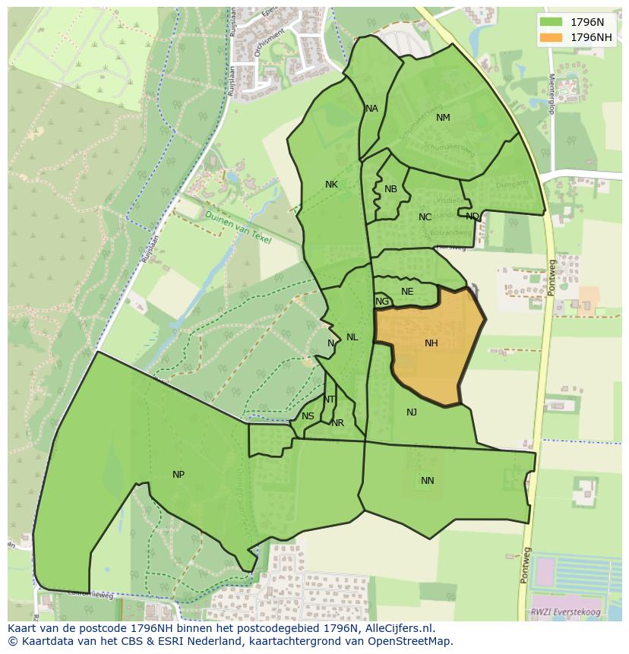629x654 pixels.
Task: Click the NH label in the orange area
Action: tap(431, 343)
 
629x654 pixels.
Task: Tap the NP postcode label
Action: tap(179, 475)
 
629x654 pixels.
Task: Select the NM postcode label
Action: tap(443, 118)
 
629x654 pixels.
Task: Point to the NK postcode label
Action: tap(331, 185)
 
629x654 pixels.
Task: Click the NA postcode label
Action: tap(371, 109)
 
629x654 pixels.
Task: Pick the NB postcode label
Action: tap(390, 189)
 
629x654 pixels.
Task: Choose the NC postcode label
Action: tap(425, 217)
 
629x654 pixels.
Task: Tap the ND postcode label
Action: tap(473, 216)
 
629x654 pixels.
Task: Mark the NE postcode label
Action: tap(407, 292)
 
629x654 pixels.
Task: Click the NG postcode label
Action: tap(382, 302)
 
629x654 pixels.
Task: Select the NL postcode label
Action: tap(352, 337)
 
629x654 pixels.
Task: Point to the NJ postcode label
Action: tap(412, 412)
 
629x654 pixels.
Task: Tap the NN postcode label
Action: tap(428, 481)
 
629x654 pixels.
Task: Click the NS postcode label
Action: tap(308, 416)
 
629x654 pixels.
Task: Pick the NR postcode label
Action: tap(338, 423)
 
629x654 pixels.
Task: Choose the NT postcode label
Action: tap(329, 400)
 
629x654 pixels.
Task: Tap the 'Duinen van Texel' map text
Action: tap(238, 226)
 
